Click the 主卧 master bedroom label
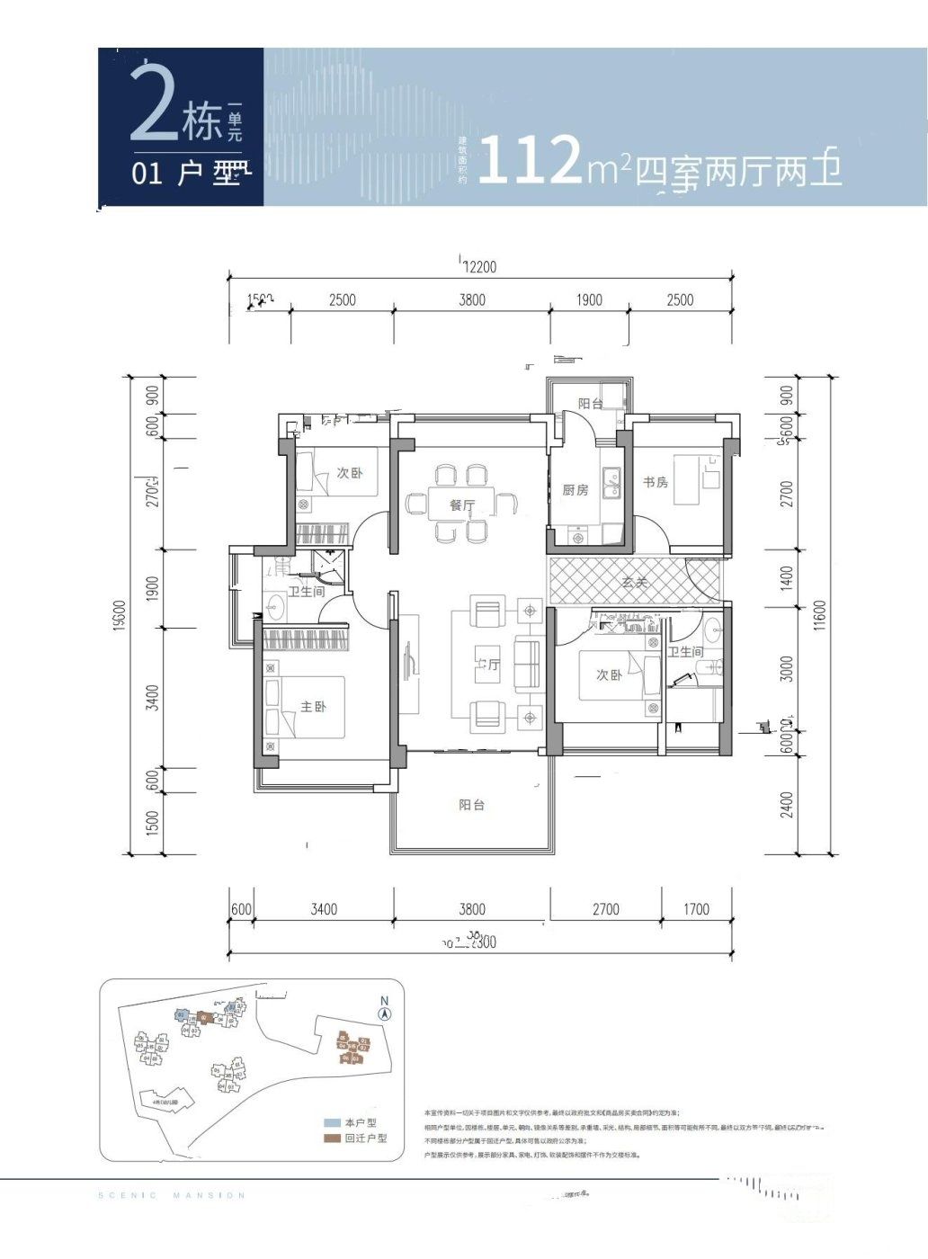click(x=313, y=707)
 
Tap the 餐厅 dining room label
click(x=462, y=505)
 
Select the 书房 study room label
click(x=656, y=482)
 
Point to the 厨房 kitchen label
click(x=576, y=490)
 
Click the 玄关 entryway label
click(x=634, y=583)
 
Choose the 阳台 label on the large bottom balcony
click(x=471, y=805)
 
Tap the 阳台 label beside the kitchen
click(x=590, y=404)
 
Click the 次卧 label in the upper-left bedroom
click(x=350, y=473)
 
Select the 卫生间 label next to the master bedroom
click(x=306, y=592)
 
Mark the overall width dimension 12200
click(x=478, y=267)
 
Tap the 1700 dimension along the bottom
click(x=696, y=909)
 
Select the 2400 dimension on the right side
click(x=787, y=804)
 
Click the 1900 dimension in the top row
click(x=589, y=299)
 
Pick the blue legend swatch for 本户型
click(x=332, y=1123)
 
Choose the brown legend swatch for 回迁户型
click(x=332, y=1138)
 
